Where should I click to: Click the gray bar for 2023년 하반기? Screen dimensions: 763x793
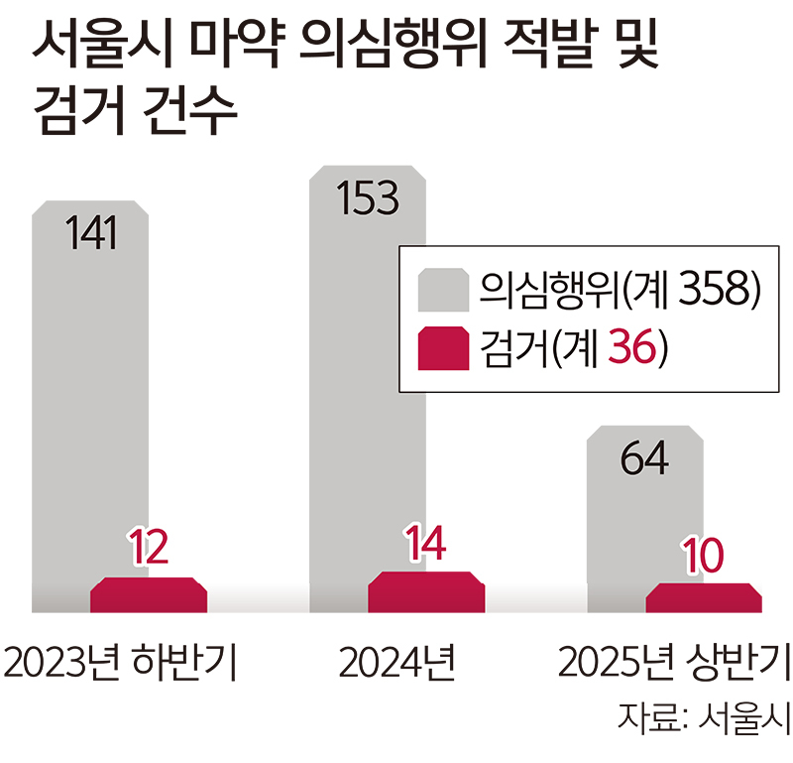pos(90,397)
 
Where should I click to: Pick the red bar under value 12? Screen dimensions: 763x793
pos(149,595)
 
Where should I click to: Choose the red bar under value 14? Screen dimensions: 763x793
pos(426,592)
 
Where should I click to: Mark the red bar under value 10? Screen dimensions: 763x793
pos(704,598)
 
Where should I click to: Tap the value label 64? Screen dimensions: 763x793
pos(644,458)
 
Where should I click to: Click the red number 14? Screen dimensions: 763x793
pos(426,543)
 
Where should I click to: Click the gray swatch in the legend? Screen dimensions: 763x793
pos(443,288)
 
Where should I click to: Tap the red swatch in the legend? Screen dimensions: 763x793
pos(443,347)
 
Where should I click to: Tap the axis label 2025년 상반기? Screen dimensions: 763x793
pos(674,662)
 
